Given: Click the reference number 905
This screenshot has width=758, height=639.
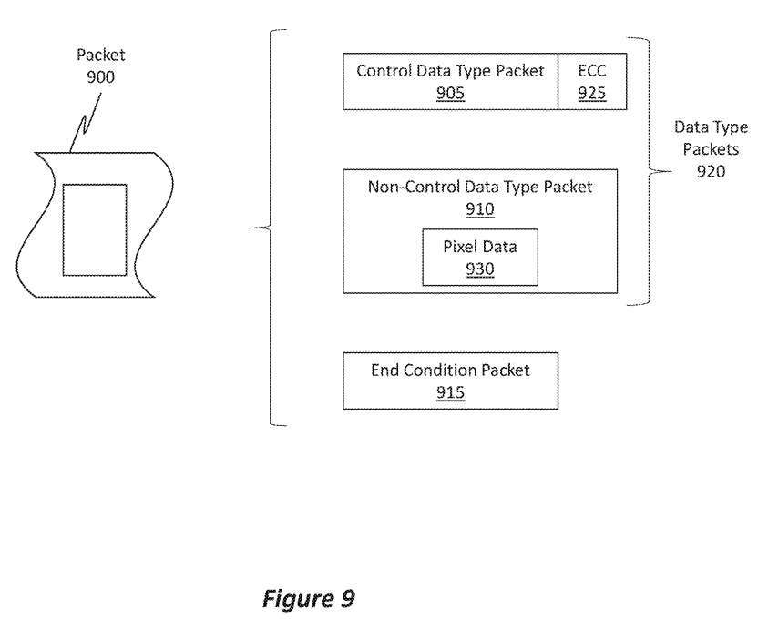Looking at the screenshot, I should [x=450, y=92].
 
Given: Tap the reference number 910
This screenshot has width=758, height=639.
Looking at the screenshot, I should [x=479, y=209].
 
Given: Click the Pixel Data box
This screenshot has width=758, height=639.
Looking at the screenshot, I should [x=480, y=257].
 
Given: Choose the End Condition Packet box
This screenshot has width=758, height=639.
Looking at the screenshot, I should [x=450, y=381].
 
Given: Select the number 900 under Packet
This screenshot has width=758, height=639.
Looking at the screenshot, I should [x=101, y=76].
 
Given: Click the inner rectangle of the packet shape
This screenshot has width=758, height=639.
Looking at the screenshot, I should [x=95, y=228].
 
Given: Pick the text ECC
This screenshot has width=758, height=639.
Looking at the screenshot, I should [x=590, y=70].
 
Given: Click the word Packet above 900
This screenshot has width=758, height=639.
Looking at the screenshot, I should [x=100, y=56].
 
